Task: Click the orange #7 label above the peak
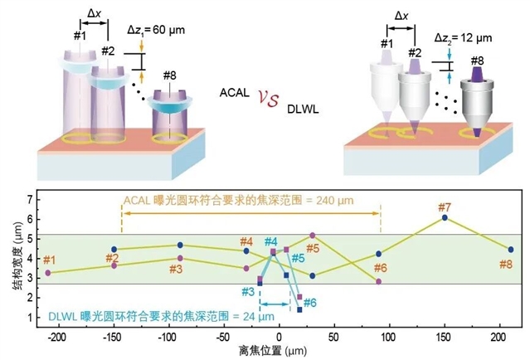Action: point(445,207)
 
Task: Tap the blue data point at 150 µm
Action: point(445,217)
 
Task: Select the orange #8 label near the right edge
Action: point(505,264)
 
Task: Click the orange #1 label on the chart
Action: point(50,260)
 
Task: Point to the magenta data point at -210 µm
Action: point(48,272)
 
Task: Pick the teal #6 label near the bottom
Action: point(309,303)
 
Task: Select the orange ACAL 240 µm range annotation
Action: point(251,200)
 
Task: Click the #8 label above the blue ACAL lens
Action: point(169,75)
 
